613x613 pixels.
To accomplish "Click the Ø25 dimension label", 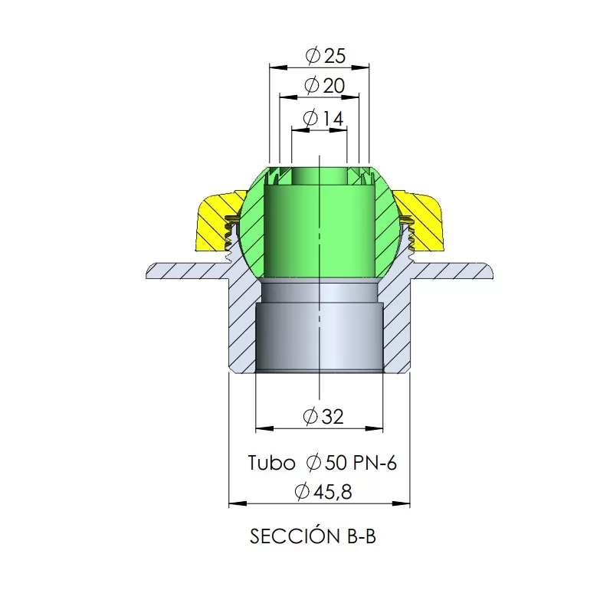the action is pos(326,56).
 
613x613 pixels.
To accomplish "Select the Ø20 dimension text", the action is pos(324,86).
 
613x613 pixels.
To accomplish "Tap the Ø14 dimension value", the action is pos(323,118).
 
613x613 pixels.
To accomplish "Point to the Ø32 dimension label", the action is pos(323,416).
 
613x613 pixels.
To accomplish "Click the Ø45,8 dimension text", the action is pos(323,491).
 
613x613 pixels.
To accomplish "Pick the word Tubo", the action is pos(272,463).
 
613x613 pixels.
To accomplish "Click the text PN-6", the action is pos(375,463).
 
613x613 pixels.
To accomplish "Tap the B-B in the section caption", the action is pos(362,536).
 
